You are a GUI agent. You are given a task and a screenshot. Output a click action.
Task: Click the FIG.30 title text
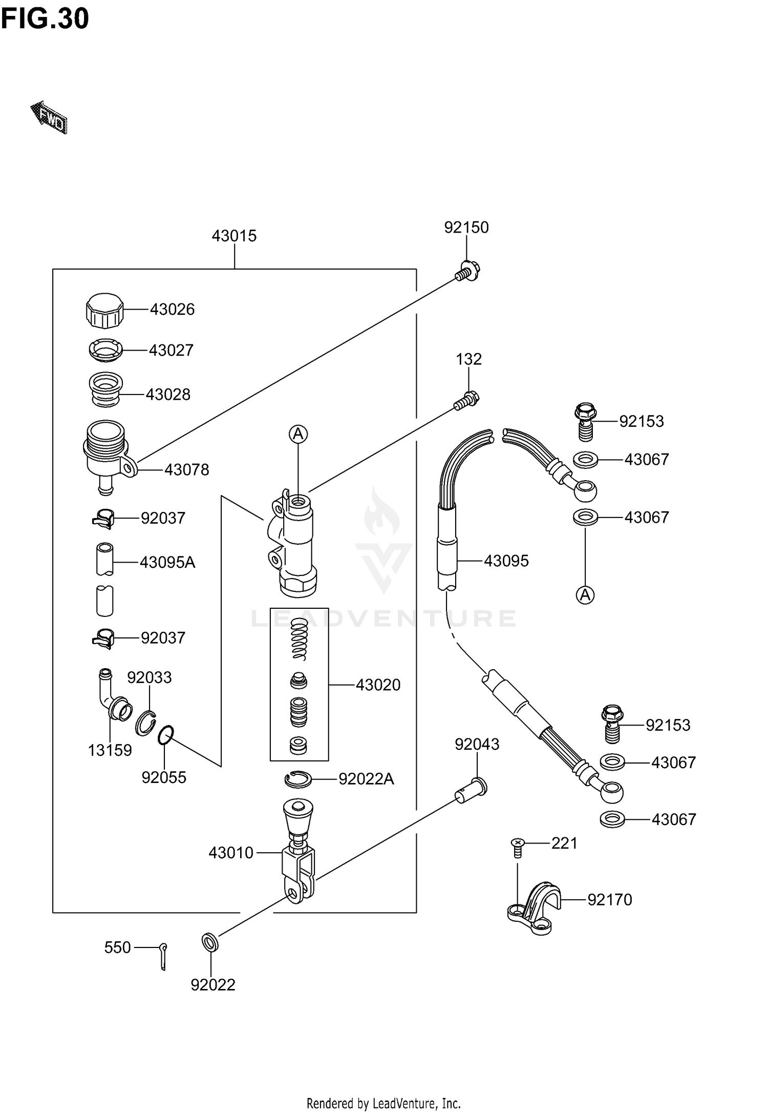click(x=45, y=19)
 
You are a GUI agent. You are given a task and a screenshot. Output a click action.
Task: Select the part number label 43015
click(x=234, y=236)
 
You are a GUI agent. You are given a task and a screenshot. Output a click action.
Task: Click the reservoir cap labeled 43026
click(x=104, y=311)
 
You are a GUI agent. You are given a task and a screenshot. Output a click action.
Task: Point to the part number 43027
click(x=171, y=351)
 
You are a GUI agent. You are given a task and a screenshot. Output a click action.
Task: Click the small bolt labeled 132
click(x=466, y=400)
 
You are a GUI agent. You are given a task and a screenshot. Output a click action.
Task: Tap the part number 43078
click(x=186, y=470)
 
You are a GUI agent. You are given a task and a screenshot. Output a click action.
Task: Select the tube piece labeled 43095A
click(x=104, y=559)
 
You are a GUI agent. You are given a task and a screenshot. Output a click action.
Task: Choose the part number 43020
click(x=378, y=685)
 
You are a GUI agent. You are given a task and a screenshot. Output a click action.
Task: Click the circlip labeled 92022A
click(x=297, y=779)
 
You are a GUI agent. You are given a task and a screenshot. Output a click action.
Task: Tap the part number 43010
click(x=231, y=853)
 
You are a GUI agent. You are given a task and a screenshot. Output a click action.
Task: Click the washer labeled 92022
click(x=210, y=942)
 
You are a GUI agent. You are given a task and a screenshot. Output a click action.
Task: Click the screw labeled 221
click(x=517, y=849)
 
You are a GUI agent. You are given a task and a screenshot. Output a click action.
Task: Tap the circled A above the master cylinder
click(x=298, y=435)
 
